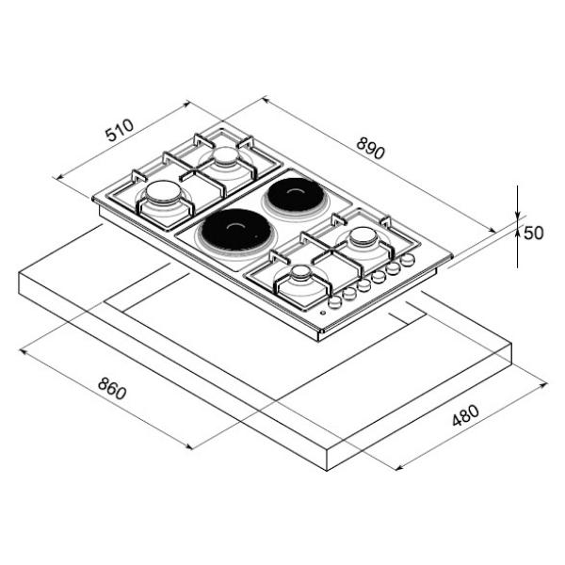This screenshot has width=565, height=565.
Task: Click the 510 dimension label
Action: click(120, 130)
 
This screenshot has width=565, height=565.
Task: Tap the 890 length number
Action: click(371, 148)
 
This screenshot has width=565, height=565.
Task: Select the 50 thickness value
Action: click(533, 234)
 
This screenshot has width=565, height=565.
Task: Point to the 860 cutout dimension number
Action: click(112, 388)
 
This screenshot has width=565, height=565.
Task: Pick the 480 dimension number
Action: click(465, 415)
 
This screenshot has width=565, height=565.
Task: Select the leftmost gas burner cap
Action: click(163, 191)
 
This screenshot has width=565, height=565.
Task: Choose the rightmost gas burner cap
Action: click(363, 236)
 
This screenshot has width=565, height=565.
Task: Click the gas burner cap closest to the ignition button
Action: click(301, 273)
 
